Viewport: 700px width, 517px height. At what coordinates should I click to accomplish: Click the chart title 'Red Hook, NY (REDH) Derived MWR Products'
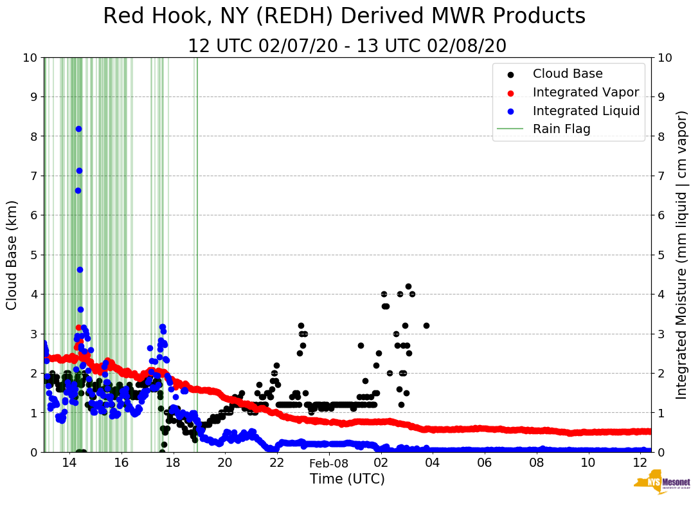tap(344, 16)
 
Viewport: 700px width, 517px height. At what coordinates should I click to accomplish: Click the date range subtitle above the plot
tap(347, 46)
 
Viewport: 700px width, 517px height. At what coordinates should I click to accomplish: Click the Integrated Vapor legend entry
tap(586, 92)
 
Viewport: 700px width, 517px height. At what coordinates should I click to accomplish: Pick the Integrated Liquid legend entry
tap(586, 111)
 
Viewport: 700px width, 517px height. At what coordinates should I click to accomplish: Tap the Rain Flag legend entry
tap(561, 129)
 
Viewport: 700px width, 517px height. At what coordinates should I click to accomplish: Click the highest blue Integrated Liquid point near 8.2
tap(78, 129)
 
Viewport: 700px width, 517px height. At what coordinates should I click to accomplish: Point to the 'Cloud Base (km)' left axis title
tap(12, 255)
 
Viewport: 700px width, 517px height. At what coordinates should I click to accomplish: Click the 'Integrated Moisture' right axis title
tap(682, 255)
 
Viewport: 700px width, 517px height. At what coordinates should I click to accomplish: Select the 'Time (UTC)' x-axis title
tap(347, 479)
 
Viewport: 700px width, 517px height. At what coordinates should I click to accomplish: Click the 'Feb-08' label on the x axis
tap(328, 463)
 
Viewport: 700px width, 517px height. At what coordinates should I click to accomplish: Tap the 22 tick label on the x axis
tap(276, 463)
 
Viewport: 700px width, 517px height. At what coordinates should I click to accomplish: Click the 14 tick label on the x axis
tap(69, 463)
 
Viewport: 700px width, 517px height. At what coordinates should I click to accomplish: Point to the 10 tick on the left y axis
tap(30, 58)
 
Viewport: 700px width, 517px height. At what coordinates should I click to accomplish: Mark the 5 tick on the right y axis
tap(660, 255)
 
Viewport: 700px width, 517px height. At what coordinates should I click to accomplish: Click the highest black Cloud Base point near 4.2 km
tap(408, 286)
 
